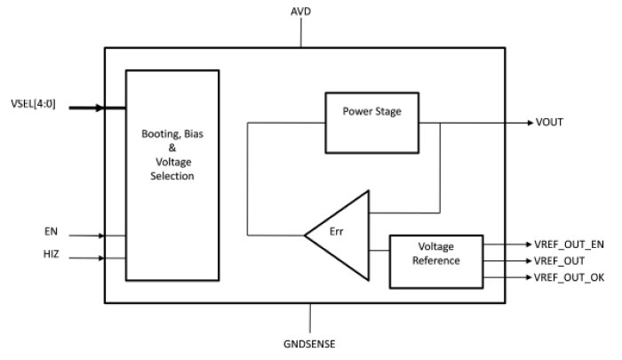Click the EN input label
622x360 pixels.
[51, 230]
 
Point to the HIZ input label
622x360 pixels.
[52, 256]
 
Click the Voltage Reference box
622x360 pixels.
[435, 261]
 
